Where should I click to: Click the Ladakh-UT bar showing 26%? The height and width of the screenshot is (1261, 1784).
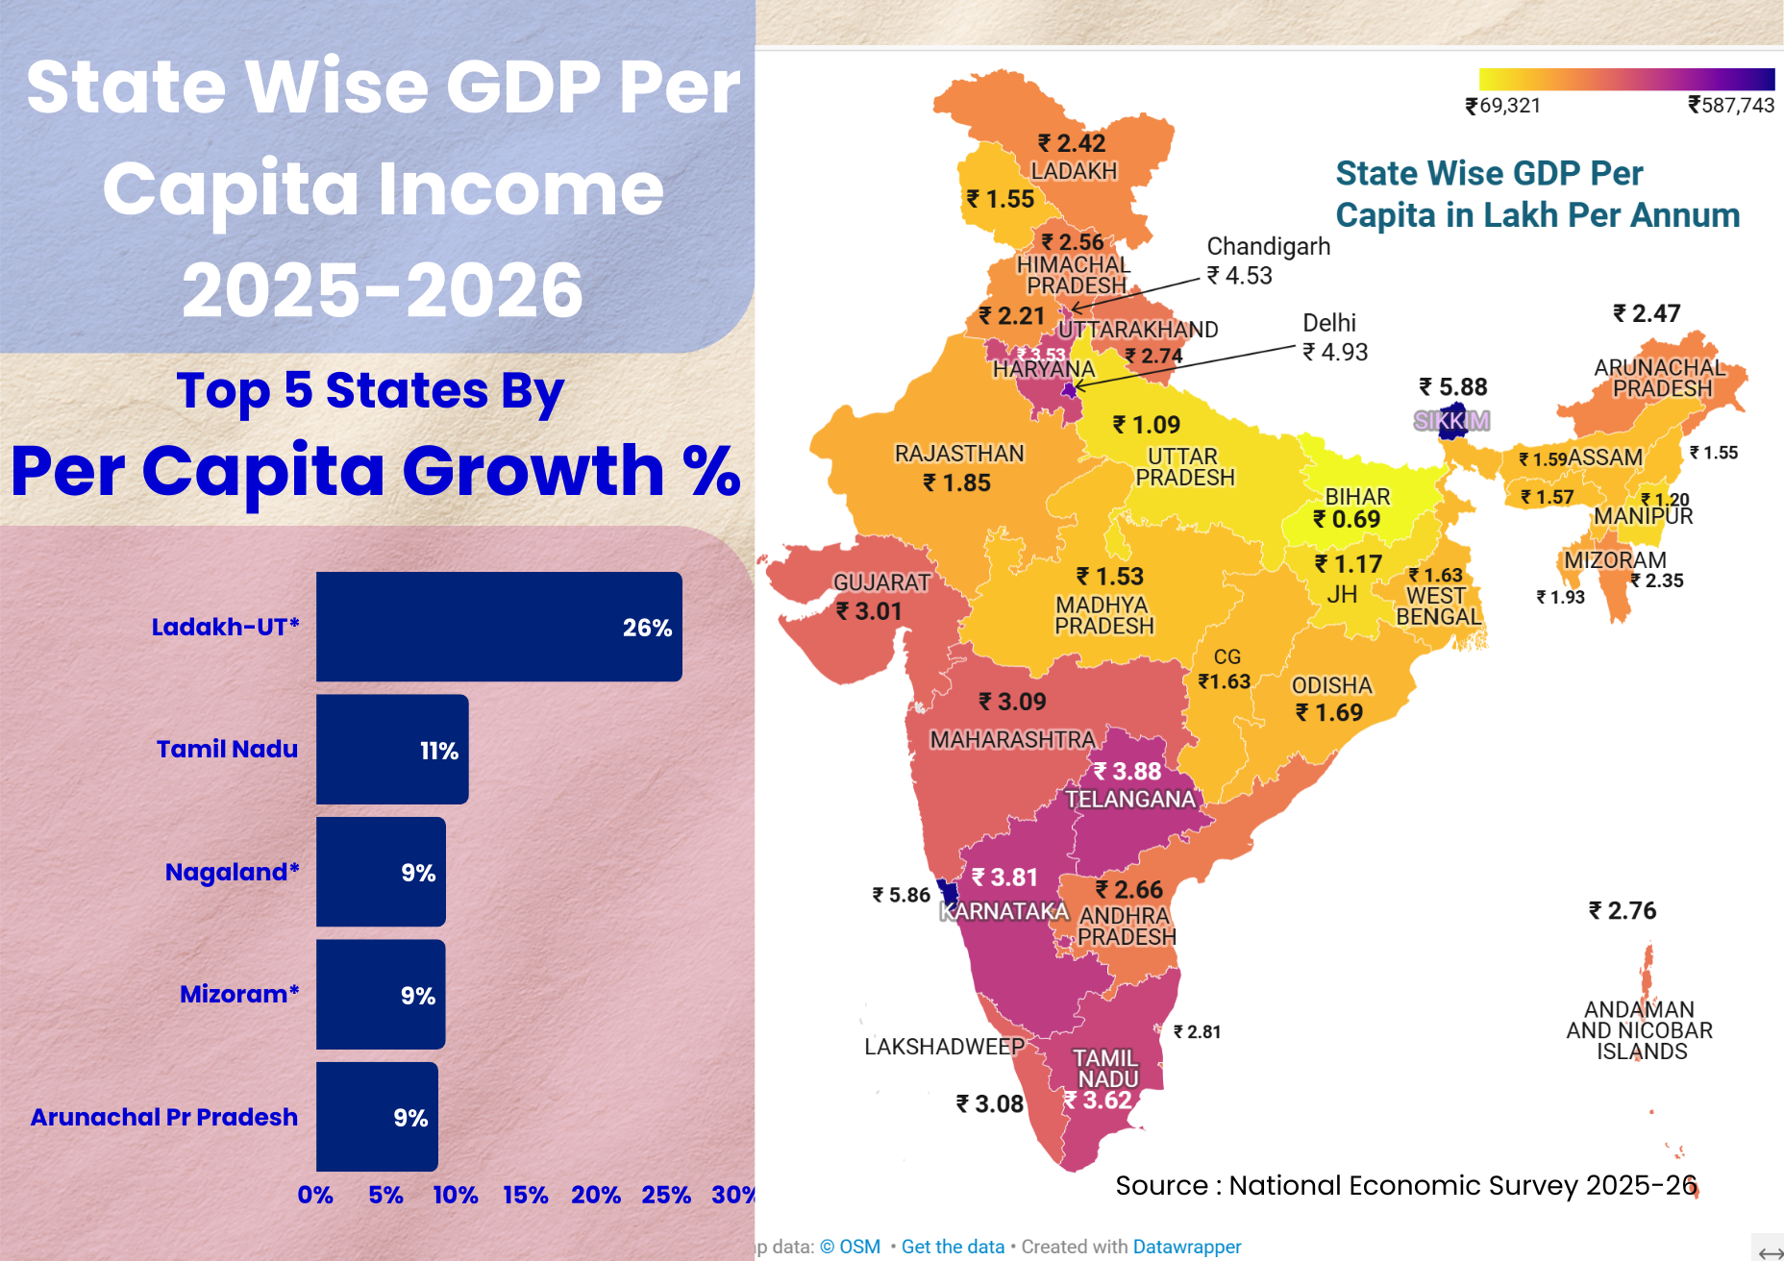499,627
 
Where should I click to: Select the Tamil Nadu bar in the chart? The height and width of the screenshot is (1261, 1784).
392,750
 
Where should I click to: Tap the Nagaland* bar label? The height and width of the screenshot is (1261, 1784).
232,872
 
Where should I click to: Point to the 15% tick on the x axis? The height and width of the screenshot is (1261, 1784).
526,1195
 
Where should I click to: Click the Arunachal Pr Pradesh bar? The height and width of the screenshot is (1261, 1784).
377,1117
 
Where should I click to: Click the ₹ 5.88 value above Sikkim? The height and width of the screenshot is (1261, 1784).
1452,387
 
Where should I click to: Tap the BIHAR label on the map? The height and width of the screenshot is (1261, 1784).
1357,497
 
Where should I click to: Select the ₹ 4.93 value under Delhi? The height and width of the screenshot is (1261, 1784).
1335,352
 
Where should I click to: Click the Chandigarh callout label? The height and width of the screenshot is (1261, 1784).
1268,247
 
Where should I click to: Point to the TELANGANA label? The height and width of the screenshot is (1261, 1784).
1129,800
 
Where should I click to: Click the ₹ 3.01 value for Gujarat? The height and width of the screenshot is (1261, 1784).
869,611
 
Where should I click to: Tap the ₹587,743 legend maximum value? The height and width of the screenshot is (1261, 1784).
1731,106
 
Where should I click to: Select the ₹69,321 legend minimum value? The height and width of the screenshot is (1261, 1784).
1502,106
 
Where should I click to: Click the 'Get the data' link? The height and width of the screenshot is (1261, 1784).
952,1247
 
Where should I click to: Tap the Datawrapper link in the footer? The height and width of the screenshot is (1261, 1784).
1187,1247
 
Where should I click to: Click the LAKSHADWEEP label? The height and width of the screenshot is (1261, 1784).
944,1047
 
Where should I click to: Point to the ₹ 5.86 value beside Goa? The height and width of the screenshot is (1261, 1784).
901,895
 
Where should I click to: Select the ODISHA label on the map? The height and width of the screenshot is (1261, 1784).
1331,685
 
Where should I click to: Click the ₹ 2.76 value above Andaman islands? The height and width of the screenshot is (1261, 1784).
1623,910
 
